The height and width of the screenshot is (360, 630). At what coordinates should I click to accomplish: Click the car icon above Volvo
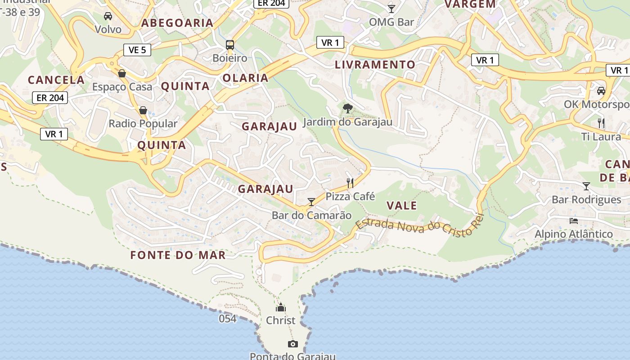point(108,16)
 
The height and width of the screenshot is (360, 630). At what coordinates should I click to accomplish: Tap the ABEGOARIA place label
point(177,22)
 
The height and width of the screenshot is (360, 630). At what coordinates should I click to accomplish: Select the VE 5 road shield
point(137,50)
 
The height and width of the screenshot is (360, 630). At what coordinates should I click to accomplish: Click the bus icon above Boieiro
point(230,45)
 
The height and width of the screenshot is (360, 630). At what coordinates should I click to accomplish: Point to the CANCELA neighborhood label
point(56,80)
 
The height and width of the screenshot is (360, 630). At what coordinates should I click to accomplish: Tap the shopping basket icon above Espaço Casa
point(122,73)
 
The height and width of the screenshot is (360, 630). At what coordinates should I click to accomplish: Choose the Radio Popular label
point(143,123)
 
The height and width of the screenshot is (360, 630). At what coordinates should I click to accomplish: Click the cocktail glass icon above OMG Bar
point(391,9)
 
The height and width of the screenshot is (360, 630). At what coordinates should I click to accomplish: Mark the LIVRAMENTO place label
point(375,64)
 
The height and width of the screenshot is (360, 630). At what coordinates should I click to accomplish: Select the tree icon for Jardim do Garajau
point(347,108)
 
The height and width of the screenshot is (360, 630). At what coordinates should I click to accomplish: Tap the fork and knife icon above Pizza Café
point(350,183)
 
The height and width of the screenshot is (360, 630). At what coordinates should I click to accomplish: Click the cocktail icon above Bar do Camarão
point(311,202)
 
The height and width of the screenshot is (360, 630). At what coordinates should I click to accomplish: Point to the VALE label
point(402,206)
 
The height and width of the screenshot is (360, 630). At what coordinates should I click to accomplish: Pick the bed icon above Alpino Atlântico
point(574,220)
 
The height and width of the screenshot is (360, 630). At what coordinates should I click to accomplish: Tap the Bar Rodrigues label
point(593,199)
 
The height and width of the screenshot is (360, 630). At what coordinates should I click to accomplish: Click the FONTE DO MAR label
point(178,255)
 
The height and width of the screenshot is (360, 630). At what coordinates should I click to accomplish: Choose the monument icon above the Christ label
point(281,307)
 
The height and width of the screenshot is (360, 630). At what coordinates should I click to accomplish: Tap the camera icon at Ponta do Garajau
point(293,344)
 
